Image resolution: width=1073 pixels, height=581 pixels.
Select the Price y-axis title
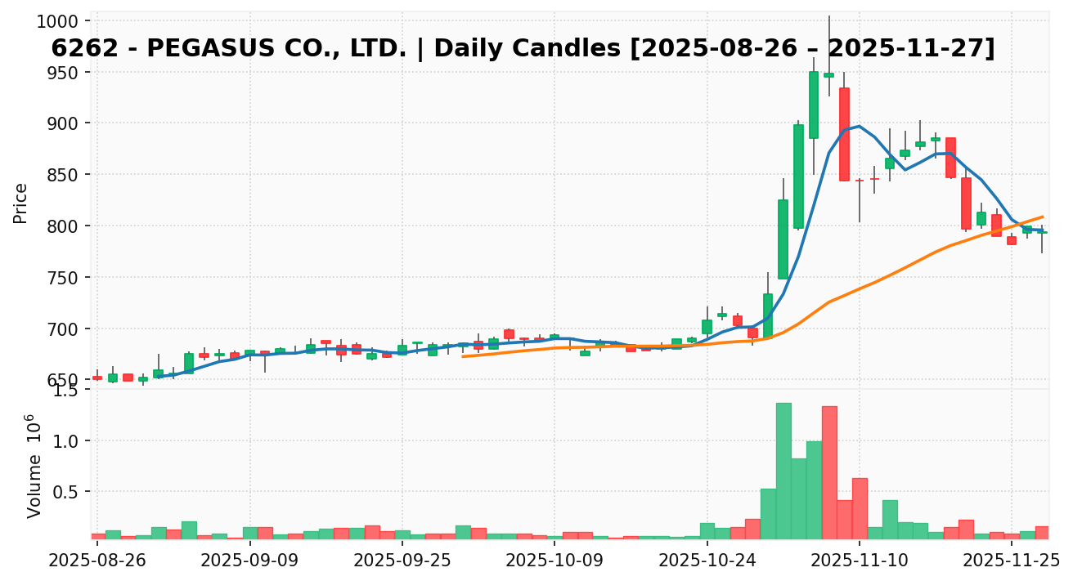tap(21, 203)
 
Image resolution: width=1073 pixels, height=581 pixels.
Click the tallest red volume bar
tap(829, 472)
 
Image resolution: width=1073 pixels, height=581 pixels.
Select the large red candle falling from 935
tap(844, 134)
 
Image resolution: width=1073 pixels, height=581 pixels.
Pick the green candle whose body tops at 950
tap(814, 105)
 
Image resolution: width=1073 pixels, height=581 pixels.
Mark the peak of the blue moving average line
tap(859, 126)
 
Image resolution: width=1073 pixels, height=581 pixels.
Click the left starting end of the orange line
tap(463, 356)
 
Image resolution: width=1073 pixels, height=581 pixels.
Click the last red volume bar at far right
tap(1042, 533)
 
